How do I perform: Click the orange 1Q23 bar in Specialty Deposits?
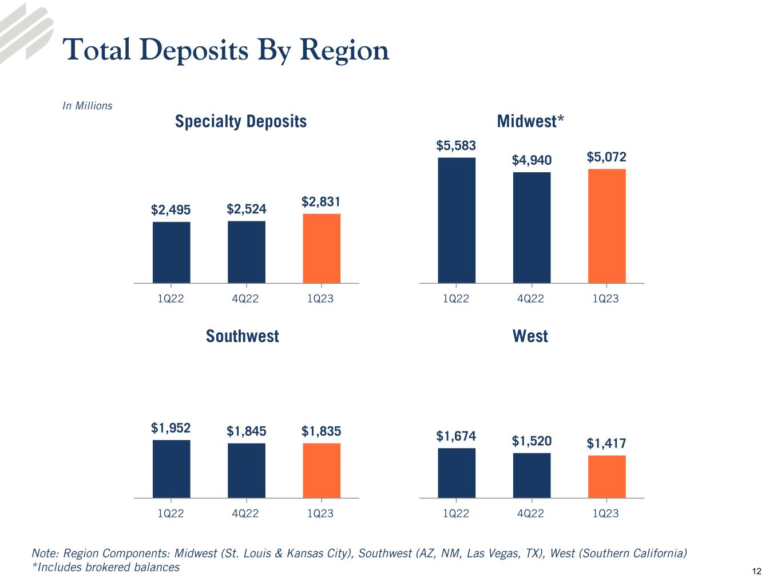click(322, 248)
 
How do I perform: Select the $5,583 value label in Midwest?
click(456, 146)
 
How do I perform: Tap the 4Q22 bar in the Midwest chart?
click(532, 227)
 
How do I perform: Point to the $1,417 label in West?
click(606, 443)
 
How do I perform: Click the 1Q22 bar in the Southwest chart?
click(171, 469)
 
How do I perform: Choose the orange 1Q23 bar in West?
click(606, 477)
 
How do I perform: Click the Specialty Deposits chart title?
click(240, 121)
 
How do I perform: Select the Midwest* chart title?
click(530, 121)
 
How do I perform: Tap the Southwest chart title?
click(242, 336)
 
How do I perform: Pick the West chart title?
click(530, 336)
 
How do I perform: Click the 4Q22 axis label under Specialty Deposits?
click(245, 299)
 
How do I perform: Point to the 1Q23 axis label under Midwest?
click(605, 299)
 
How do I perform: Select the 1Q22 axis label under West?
click(456, 514)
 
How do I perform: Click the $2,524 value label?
click(246, 209)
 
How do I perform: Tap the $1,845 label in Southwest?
click(246, 431)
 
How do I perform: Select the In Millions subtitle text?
click(87, 106)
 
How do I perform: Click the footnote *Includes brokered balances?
click(106, 567)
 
